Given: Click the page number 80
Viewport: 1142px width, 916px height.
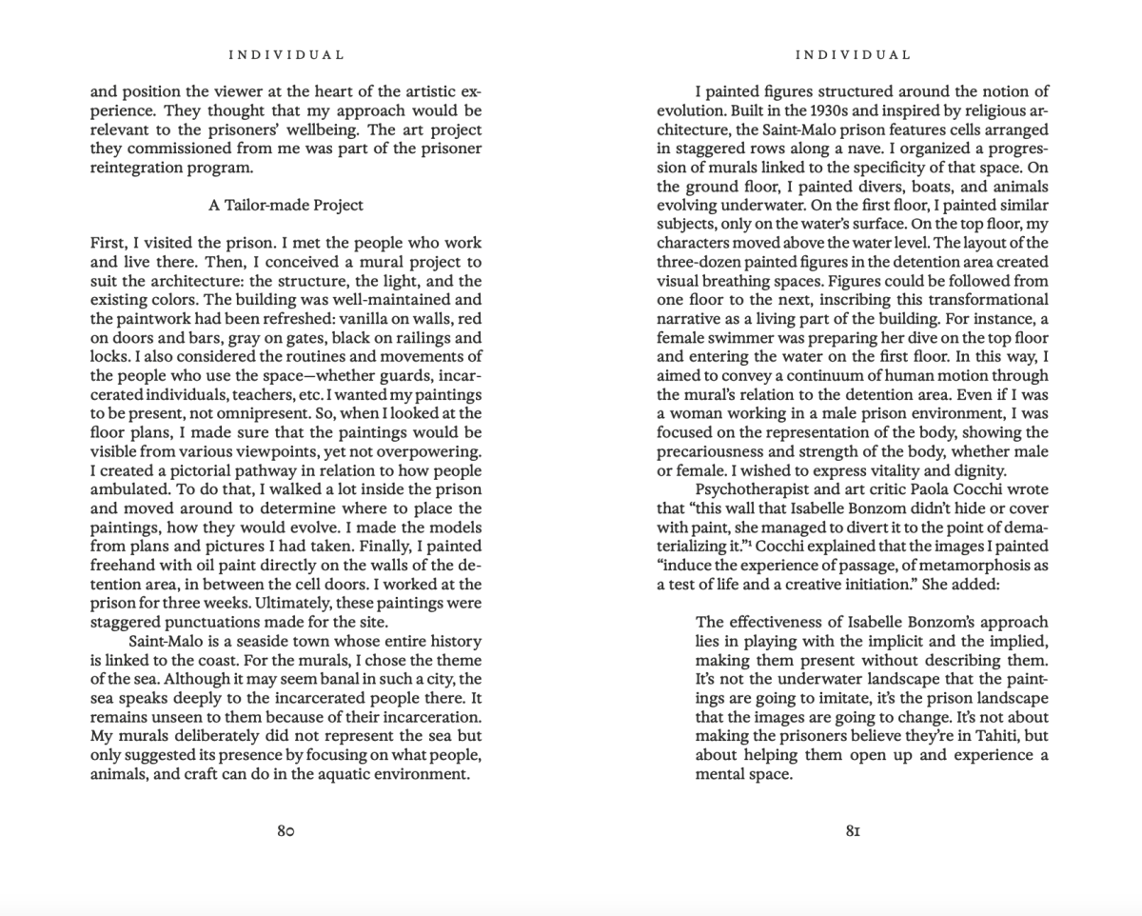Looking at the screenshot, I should [x=285, y=830].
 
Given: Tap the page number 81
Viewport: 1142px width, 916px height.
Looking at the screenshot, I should [x=853, y=830].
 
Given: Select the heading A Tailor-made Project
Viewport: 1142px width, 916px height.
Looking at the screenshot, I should [x=285, y=205].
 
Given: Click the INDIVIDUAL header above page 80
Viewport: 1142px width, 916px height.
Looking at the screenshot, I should [x=286, y=55].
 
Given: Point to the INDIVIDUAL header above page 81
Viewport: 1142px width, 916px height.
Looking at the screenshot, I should [x=853, y=55].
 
